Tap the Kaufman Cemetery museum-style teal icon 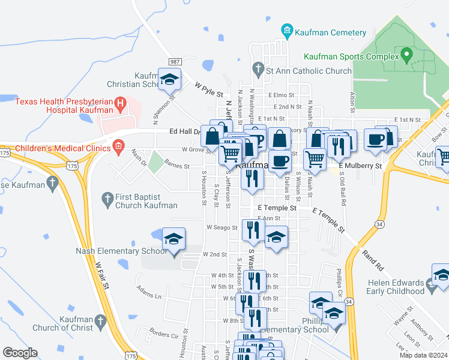pyautogui.click(x=286, y=31)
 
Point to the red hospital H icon pyautogui.click(x=121, y=106)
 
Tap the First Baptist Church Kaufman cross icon pyautogui.click(x=107, y=197)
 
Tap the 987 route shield pyautogui.click(x=175, y=62)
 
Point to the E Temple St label pyautogui.click(x=278, y=208)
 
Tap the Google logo pyautogui.click(x=20, y=353)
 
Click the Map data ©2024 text pyautogui.click(x=423, y=355)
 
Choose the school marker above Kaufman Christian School pyautogui.click(x=170, y=79)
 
